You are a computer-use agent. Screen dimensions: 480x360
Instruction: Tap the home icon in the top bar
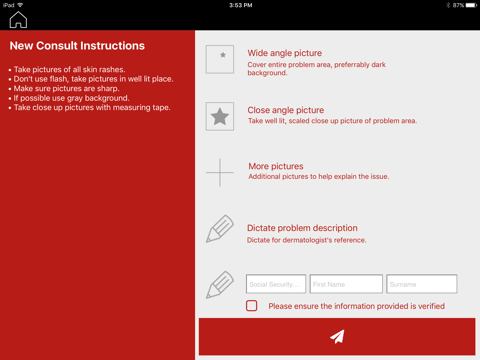[x=18, y=20]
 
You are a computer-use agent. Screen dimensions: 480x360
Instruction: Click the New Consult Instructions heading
[x=77, y=46]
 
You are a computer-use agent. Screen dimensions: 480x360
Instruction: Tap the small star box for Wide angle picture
[x=220, y=59]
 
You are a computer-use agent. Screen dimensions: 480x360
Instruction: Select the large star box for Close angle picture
[x=220, y=116]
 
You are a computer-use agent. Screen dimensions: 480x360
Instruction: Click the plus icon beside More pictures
[x=220, y=172]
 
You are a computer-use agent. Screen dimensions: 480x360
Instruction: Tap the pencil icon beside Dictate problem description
[x=220, y=229]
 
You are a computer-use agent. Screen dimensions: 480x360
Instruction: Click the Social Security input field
[x=276, y=284]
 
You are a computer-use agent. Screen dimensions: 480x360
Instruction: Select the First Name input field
[x=346, y=284]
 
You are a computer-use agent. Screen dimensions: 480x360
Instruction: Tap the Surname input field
[x=422, y=284]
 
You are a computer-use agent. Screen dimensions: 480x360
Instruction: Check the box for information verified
[x=252, y=306]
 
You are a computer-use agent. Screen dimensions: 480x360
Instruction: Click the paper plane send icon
[x=337, y=336]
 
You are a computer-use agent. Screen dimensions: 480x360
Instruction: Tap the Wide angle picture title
[x=285, y=53]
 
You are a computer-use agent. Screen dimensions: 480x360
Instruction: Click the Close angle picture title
[x=286, y=110]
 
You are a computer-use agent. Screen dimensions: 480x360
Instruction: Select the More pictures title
[x=276, y=166]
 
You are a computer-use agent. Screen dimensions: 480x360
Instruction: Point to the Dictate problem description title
[x=302, y=228]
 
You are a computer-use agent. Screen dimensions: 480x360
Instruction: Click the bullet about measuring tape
[x=90, y=107]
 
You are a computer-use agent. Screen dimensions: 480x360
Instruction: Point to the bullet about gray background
[x=69, y=98]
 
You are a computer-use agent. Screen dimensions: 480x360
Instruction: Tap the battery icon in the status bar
[x=471, y=5]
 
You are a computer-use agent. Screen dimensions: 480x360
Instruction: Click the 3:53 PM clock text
[x=241, y=5]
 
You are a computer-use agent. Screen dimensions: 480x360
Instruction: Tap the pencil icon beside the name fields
[x=220, y=285]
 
